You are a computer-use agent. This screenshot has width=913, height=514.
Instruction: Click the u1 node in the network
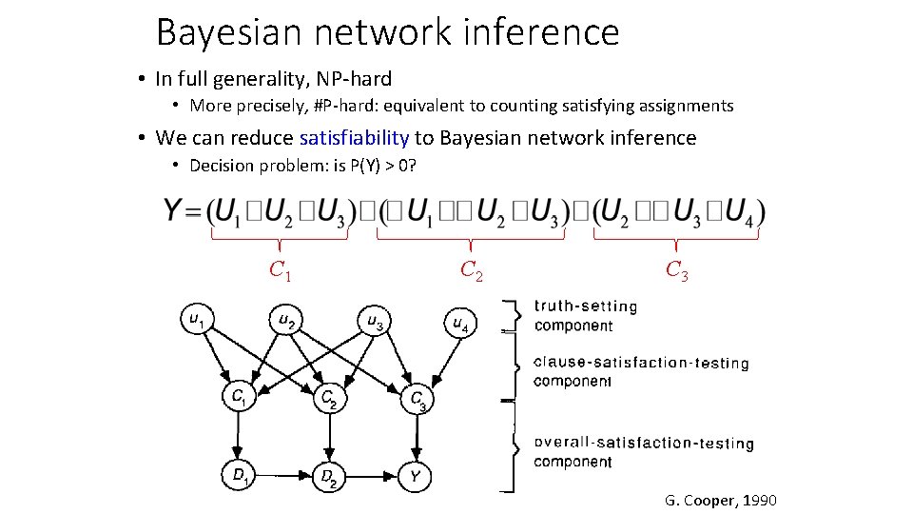[196, 320]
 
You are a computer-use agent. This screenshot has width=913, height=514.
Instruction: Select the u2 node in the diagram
[284, 320]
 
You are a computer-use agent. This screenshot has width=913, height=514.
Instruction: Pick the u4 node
[458, 324]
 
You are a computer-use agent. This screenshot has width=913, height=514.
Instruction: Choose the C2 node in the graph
[328, 397]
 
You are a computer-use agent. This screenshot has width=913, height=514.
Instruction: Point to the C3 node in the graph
[416, 399]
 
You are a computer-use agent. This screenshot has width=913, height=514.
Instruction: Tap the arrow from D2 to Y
[372, 474]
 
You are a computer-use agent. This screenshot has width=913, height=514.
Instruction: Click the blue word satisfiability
[354, 138]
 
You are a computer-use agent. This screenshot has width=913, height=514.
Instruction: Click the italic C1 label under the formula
[280, 271]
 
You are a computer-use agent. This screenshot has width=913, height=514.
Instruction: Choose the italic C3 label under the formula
[676, 271]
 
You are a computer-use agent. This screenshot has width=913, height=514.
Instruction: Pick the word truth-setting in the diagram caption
[586, 306]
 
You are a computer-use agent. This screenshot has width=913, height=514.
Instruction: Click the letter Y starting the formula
[175, 210]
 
